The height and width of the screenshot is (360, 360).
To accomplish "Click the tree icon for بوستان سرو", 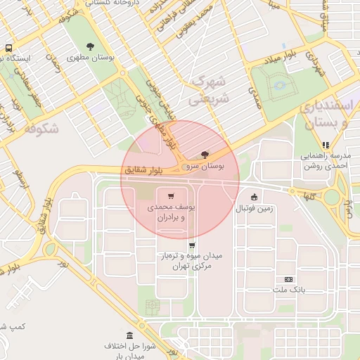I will point(205,153).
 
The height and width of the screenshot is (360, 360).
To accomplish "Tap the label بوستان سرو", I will point(202,167).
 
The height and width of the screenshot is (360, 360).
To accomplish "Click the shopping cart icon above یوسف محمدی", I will point(170,195).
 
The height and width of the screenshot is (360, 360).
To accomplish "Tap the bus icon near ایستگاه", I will point(8,49).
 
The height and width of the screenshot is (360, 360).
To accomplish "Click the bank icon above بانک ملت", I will point(288,279).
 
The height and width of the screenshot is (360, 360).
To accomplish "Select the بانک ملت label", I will point(288,290).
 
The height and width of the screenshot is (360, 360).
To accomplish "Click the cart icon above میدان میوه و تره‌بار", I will point(192,245).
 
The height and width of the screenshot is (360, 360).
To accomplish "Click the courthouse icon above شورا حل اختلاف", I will point(129,335).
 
